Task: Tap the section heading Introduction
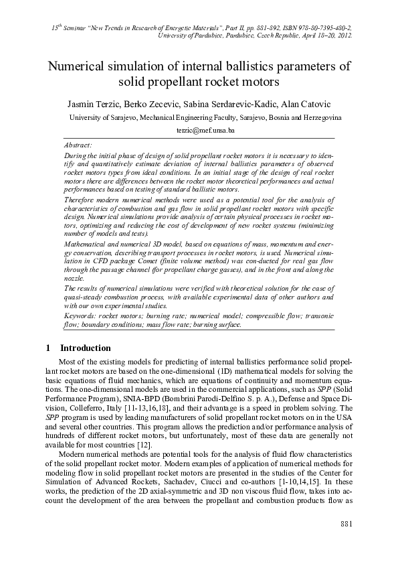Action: click(86, 348)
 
